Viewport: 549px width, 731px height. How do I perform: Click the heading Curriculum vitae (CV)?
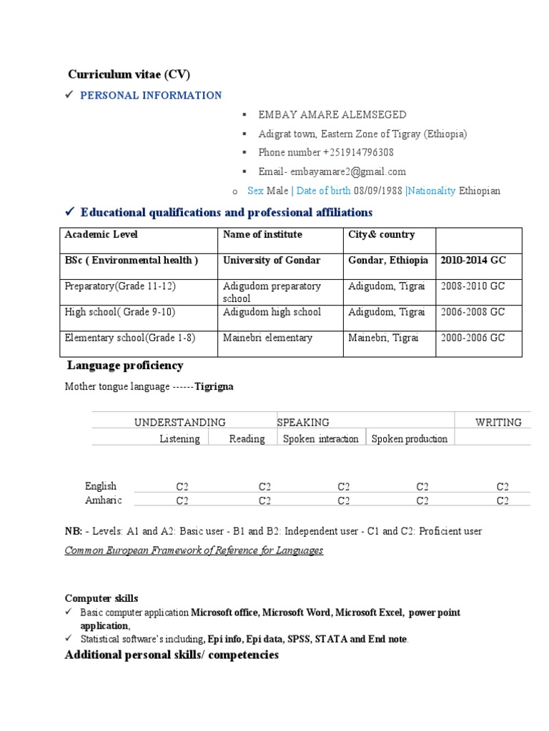(x=129, y=74)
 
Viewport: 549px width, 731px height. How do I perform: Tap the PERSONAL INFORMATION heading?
(x=151, y=95)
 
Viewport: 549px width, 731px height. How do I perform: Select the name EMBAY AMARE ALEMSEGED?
(x=332, y=114)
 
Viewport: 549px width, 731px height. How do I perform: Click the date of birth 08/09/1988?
(x=379, y=191)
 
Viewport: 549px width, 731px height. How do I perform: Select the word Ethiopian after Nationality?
(x=480, y=191)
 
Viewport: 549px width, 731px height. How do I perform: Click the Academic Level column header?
(x=101, y=234)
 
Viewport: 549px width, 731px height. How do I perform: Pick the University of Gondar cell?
(x=272, y=260)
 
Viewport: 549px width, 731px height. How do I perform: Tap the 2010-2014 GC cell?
(x=473, y=260)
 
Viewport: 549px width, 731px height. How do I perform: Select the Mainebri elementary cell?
(x=267, y=338)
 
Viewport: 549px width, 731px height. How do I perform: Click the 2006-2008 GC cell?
(x=473, y=312)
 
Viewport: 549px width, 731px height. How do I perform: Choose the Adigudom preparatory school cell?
(x=272, y=292)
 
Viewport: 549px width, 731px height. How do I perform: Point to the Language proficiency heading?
(x=125, y=365)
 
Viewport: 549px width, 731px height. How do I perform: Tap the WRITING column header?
(x=498, y=422)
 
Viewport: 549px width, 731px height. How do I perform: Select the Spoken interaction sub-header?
(x=321, y=439)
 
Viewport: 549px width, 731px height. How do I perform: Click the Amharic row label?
(x=104, y=500)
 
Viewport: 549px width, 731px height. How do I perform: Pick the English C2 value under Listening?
(x=182, y=487)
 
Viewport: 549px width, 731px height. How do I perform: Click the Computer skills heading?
(x=102, y=598)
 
